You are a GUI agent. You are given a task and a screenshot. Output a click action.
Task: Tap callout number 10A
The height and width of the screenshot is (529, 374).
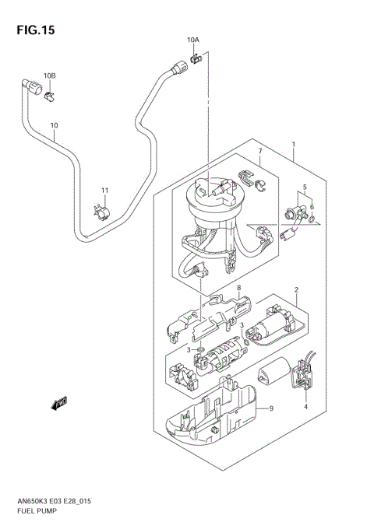coord(192,39)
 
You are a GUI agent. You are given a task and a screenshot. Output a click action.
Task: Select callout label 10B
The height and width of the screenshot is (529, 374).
coord(49,75)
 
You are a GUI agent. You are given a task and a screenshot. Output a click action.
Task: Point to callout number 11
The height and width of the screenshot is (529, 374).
coord(104,190)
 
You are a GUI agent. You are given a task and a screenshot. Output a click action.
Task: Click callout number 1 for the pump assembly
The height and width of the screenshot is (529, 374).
coord(293,144)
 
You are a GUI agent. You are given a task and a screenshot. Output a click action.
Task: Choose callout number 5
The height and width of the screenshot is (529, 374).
coord(305,187)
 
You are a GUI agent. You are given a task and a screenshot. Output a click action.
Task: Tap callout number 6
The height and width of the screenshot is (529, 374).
coord(312,207)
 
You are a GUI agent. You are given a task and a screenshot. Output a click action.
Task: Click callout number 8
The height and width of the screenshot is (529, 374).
coord(240,288)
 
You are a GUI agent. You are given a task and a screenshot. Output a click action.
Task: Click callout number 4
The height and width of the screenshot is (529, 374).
coord(306,406)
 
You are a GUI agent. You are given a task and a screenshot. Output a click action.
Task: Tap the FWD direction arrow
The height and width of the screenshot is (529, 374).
coord(58,402)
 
